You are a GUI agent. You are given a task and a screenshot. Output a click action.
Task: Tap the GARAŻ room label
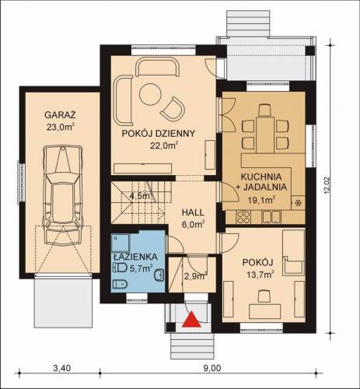pyautogui.click(x=60, y=114)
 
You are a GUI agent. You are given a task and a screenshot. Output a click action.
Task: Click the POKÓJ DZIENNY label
pyautogui.click(x=159, y=134)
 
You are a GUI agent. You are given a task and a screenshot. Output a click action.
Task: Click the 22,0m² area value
pyautogui.click(x=164, y=145)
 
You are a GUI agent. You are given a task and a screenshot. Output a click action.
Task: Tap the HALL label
pyautogui.click(x=193, y=212)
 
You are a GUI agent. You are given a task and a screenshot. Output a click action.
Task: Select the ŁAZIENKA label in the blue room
pyautogui.click(x=135, y=257)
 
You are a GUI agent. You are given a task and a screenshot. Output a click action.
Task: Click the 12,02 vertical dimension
pyautogui.click(x=327, y=185)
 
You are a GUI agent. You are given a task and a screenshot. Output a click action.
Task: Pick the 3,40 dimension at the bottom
pyautogui.click(x=61, y=368)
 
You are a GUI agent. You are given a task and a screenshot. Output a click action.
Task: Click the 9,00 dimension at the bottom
pyautogui.click(x=212, y=368)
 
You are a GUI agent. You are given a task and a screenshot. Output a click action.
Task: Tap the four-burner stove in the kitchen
pyautogui.click(x=243, y=217)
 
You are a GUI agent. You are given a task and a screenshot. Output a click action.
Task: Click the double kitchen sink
pyautogui.click(x=271, y=217)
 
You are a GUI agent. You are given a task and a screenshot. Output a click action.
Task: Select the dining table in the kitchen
pyautogui.click(x=265, y=135)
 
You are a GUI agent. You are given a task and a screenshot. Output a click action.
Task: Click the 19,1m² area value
pyautogui.click(x=261, y=200)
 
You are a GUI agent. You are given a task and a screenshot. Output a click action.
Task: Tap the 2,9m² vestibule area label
pyautogui.click(x=195, y=276)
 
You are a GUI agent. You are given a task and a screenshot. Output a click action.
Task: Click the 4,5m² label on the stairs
pyautogui.click(x=140, y=195)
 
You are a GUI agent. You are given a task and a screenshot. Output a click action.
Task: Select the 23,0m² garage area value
pyautogui.click(x=61, y=127)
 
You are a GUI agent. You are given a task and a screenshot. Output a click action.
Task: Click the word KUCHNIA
pyautogui.click(x=261, y=177)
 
